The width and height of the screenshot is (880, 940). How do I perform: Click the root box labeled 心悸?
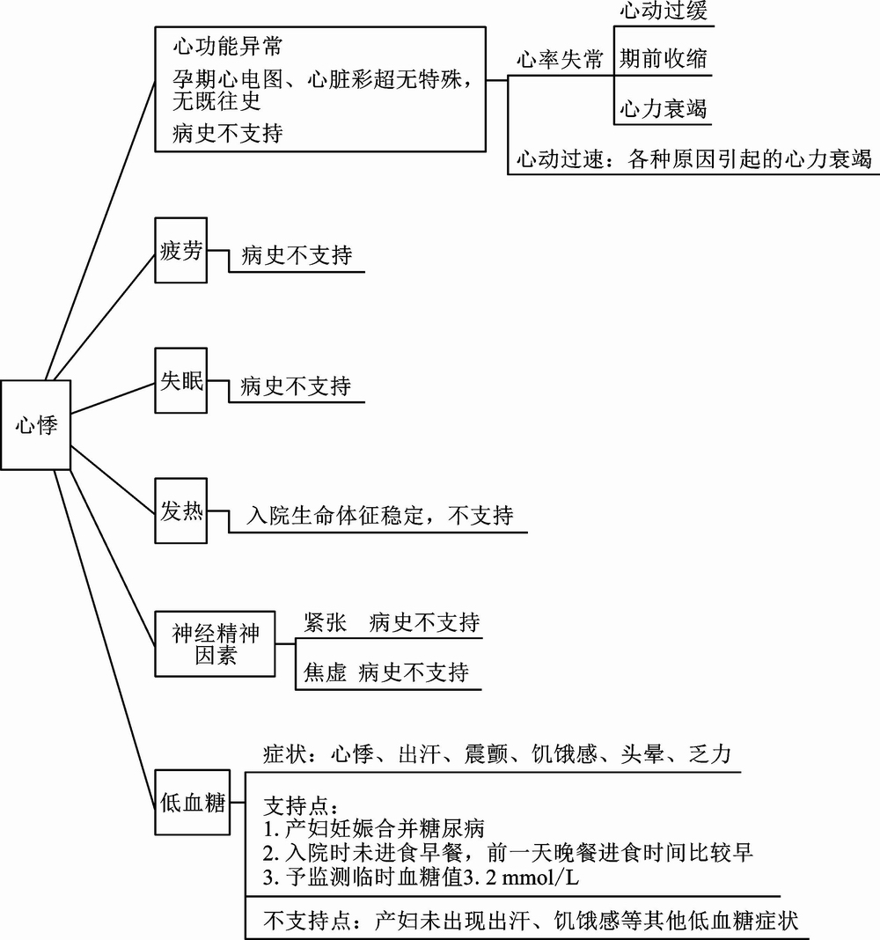click(x=36, y=425)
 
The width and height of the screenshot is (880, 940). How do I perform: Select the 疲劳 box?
click(x=181, y=250)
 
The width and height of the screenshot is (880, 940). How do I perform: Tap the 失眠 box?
click(x=181, y=380)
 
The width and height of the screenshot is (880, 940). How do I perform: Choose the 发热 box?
click(x=181, y=510)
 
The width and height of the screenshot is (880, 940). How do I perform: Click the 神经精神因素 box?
click(x=216, y=644)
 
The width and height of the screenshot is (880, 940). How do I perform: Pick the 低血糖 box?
click(x=193, y=802)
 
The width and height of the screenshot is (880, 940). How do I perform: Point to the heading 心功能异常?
click(x=228, y=46)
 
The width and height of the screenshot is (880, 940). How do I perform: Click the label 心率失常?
click(x=560, y=59)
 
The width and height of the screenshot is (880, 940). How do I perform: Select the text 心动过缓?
click(x=664, y=11)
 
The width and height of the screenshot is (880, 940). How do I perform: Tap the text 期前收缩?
click(x=664, y=59)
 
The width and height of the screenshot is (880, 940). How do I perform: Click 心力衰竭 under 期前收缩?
click(x=664, y=108)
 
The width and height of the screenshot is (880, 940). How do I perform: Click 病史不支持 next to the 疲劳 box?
click(x=297, y=255)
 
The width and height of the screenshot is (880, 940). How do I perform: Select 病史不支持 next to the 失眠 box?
click(x=296, y=386)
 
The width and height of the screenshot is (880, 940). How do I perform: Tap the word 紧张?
click(x=326, y=622)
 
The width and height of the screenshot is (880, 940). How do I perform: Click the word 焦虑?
click(x=326, y=672)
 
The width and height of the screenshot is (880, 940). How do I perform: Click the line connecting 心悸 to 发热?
click(x=113, y=479)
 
